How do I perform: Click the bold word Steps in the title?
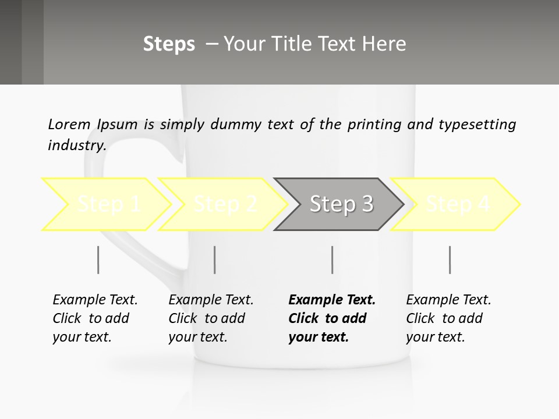click(x=169, y=44)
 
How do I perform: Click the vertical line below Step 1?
click(x=98, y=260)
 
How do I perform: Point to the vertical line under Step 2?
click(x=215, y=260)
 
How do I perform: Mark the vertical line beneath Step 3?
click(x=332, y=260)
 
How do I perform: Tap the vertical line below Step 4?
click(x=450, y=260)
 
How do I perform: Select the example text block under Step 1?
click(x=95, y=318)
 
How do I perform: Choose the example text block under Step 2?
click(x=211, y=318)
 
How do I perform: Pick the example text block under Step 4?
click(x=448, y=318)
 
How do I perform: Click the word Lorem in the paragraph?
click(x=69, y=125)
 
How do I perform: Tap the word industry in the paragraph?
click(x=76, y=145)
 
